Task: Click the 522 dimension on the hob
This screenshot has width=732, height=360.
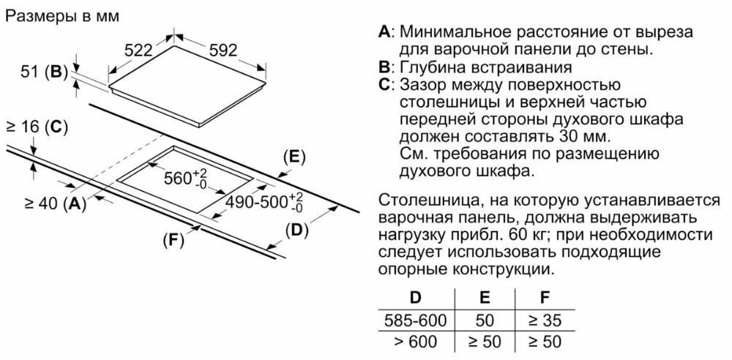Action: tap(139, 50)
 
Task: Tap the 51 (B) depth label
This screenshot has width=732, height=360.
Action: tap(42, 72)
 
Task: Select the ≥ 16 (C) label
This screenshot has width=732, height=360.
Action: tap(37, 127)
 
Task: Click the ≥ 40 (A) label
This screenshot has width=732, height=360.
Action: tap(55, 203)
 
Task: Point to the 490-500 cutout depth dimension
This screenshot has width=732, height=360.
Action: tap(264, 203)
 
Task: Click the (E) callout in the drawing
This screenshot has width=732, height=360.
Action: tap(294, 157)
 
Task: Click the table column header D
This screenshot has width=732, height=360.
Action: tap(415, 297)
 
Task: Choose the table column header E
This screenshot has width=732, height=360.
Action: tap(485, 297)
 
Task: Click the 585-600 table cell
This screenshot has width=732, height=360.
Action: tap(416, 320)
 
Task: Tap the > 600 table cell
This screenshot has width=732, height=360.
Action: tap(416, 342)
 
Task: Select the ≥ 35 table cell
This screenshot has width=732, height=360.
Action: tap(545, 320)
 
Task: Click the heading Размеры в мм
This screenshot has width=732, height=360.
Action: tap(62, 16)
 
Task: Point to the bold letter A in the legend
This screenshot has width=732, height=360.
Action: tap(384, 32)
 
